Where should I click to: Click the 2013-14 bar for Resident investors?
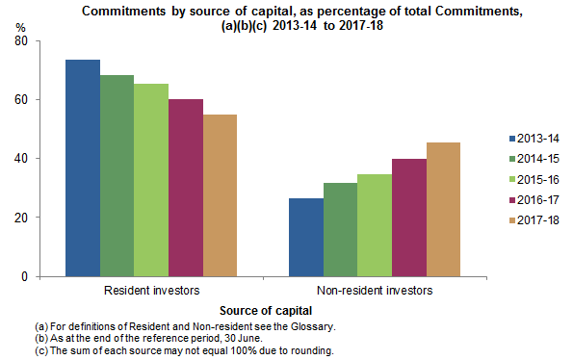tap(82, 168)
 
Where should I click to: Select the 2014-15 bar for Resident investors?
tap(117, 176)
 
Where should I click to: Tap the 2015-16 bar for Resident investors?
tap(151, 180)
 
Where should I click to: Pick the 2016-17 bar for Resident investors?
tap(185, 188)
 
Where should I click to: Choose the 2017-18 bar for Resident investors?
tap(220, 195)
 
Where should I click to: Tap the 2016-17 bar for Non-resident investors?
tap(408, 218)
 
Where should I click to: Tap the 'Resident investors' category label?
tap(151, 290)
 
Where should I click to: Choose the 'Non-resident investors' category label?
tap(375, 290)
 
